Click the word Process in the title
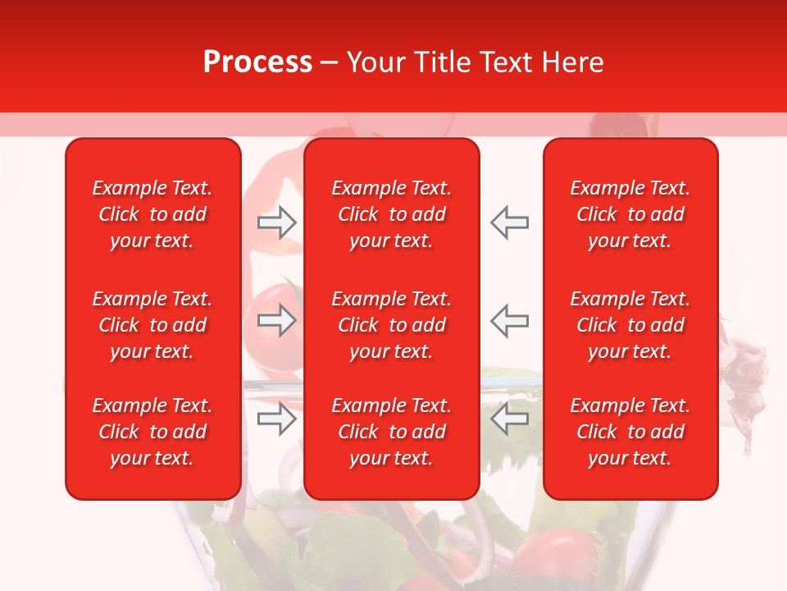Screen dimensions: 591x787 (x=257, y=62)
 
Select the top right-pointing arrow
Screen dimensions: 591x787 (x=277, y=222)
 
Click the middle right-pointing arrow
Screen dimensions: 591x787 (x=277, y=320)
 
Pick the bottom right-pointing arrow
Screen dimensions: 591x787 (x=277, y=419)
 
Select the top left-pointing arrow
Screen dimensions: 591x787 (x=509, y=222)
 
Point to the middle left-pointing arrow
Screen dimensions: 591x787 (x=509, y=320)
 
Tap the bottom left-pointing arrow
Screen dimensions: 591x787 (x=509, y=419)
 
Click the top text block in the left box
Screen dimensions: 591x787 (x=152, y=214)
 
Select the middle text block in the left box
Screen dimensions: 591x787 (x=152, y=325)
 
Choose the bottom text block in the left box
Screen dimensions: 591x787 (x=152, y=432)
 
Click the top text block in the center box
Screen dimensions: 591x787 (x=392, y=214)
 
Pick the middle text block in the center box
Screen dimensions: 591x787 (x=392, y=325)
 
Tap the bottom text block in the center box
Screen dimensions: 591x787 (x=392, y=432)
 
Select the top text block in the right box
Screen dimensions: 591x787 (x=630, y=214)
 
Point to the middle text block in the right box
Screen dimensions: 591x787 (x=630, y=325)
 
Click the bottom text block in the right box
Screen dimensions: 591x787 (x=630, y=432)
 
